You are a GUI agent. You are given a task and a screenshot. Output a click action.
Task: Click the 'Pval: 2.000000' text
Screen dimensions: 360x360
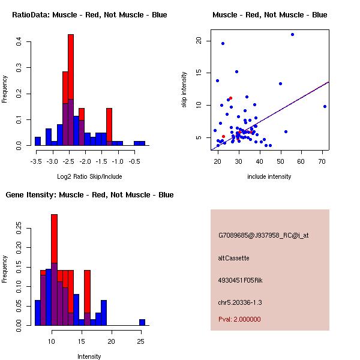[x=239, y=319]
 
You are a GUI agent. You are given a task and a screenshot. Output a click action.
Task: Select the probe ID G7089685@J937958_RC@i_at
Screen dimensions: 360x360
[x=263, y=236]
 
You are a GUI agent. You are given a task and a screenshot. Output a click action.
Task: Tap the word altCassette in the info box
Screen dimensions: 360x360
[x=234, y=258]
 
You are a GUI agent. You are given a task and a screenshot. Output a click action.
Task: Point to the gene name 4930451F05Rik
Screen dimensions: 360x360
[x=240, y=280]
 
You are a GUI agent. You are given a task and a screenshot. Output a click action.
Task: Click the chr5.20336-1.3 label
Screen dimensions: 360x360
[x=240, y=302]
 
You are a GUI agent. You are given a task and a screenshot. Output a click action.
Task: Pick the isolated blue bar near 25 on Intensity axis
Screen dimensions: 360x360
[x=142, y=322]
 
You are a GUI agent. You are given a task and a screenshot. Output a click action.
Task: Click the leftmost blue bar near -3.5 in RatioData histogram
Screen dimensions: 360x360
[x=38, y=141]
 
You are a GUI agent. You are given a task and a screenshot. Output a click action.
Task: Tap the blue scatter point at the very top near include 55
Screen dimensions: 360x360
[x=293, y=34]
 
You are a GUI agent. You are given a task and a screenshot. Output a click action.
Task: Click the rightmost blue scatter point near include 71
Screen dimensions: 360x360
[x=325, y=107]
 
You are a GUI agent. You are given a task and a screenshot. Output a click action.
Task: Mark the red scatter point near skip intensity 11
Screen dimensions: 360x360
[x=231, y=98]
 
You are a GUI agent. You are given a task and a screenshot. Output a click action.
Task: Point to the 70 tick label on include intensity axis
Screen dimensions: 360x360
[x=322, y=161]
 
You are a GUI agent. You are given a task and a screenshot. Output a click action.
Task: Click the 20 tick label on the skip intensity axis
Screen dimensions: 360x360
[x=199, y=41]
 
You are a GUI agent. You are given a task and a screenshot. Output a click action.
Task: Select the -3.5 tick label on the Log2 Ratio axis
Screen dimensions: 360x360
[x=36, y=161]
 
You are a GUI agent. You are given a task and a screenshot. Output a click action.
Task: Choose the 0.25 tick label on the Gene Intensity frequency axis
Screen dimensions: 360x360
[x=19, y=228]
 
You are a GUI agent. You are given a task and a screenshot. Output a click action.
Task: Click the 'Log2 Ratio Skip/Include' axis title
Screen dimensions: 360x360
[x=89, y=176]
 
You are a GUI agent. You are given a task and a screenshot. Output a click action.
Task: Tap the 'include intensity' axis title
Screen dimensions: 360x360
[x=269, y=176]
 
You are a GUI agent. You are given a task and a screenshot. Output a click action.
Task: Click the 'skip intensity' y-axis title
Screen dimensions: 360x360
[x=184, y=89]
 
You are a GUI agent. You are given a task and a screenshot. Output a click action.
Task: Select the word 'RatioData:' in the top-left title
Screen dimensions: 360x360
[x=31, y=15]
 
